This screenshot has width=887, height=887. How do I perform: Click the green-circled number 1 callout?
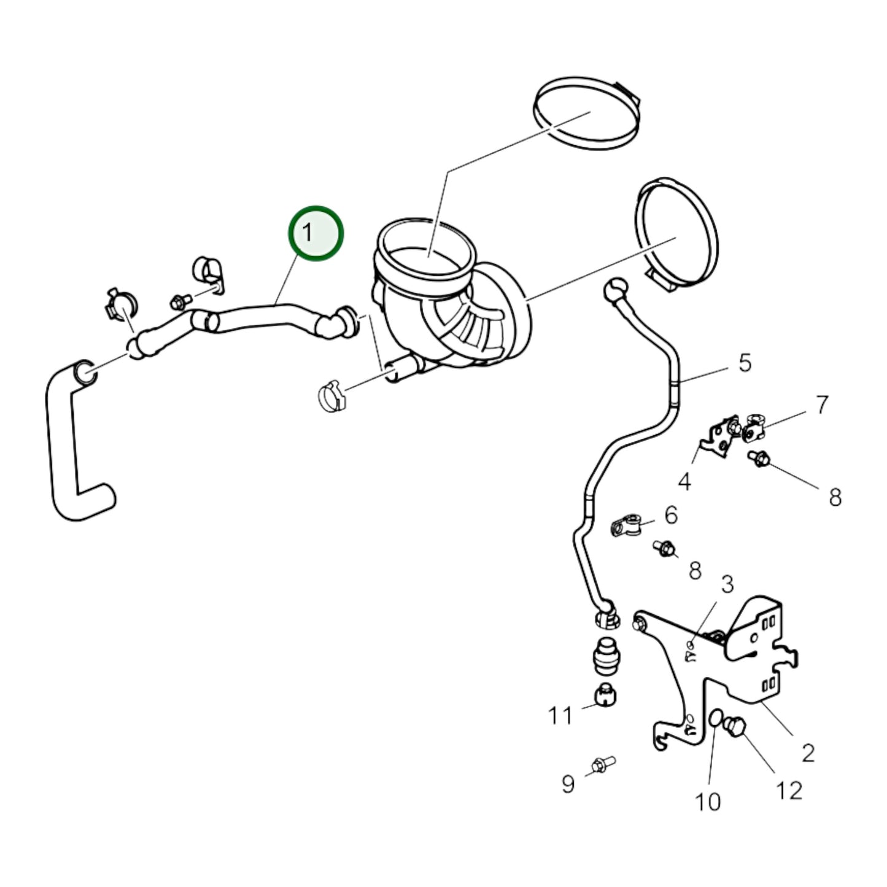[316, 233]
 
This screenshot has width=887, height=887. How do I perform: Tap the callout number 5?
[745, 363]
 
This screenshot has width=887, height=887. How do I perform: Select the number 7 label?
[821, 405]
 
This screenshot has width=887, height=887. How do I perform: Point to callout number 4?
[684, 482]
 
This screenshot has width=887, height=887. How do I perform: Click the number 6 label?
[671, 515]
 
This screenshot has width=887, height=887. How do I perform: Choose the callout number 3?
[727, 584]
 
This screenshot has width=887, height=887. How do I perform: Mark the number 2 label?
[808, 752]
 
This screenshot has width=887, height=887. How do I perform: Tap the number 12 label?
[789, 791]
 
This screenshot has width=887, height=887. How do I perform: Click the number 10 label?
[707, 802]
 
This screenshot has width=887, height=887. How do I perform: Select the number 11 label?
[560, 716]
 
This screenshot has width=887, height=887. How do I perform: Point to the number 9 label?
[568, 784]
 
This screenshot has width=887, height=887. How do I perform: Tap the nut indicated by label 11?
[606, 695]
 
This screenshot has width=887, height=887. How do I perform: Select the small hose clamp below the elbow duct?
[332, 397]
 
